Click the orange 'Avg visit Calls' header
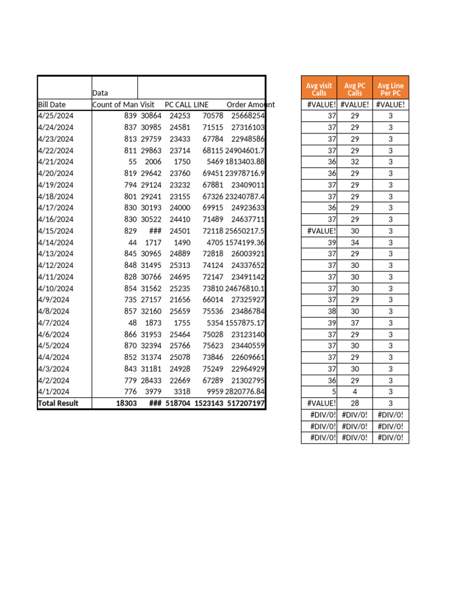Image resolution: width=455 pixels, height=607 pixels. (319, 90)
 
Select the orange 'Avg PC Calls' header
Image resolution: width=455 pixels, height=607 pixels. (354, 90)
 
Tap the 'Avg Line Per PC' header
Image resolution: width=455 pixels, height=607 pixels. (390, 90)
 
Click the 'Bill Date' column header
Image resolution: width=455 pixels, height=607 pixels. (52, 105)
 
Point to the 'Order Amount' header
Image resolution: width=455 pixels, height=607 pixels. (251, 105)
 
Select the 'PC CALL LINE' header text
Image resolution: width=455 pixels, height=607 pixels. (187, 105)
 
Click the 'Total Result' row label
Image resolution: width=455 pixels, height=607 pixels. (57, 403)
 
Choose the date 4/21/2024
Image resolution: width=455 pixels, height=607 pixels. (56, 162)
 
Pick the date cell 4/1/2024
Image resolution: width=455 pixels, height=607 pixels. (53, 392)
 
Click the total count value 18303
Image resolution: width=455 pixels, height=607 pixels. (126, 403)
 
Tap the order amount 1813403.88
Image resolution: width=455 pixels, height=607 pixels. (245, 162)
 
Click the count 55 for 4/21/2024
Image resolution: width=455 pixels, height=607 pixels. (133, 162)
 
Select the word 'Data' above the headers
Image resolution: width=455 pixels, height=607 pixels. (100, 93)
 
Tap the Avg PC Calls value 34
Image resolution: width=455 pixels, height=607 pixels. (354, 242)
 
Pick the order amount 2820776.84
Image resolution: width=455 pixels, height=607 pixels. (245, 392)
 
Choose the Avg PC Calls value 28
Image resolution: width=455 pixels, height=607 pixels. (354, 403)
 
